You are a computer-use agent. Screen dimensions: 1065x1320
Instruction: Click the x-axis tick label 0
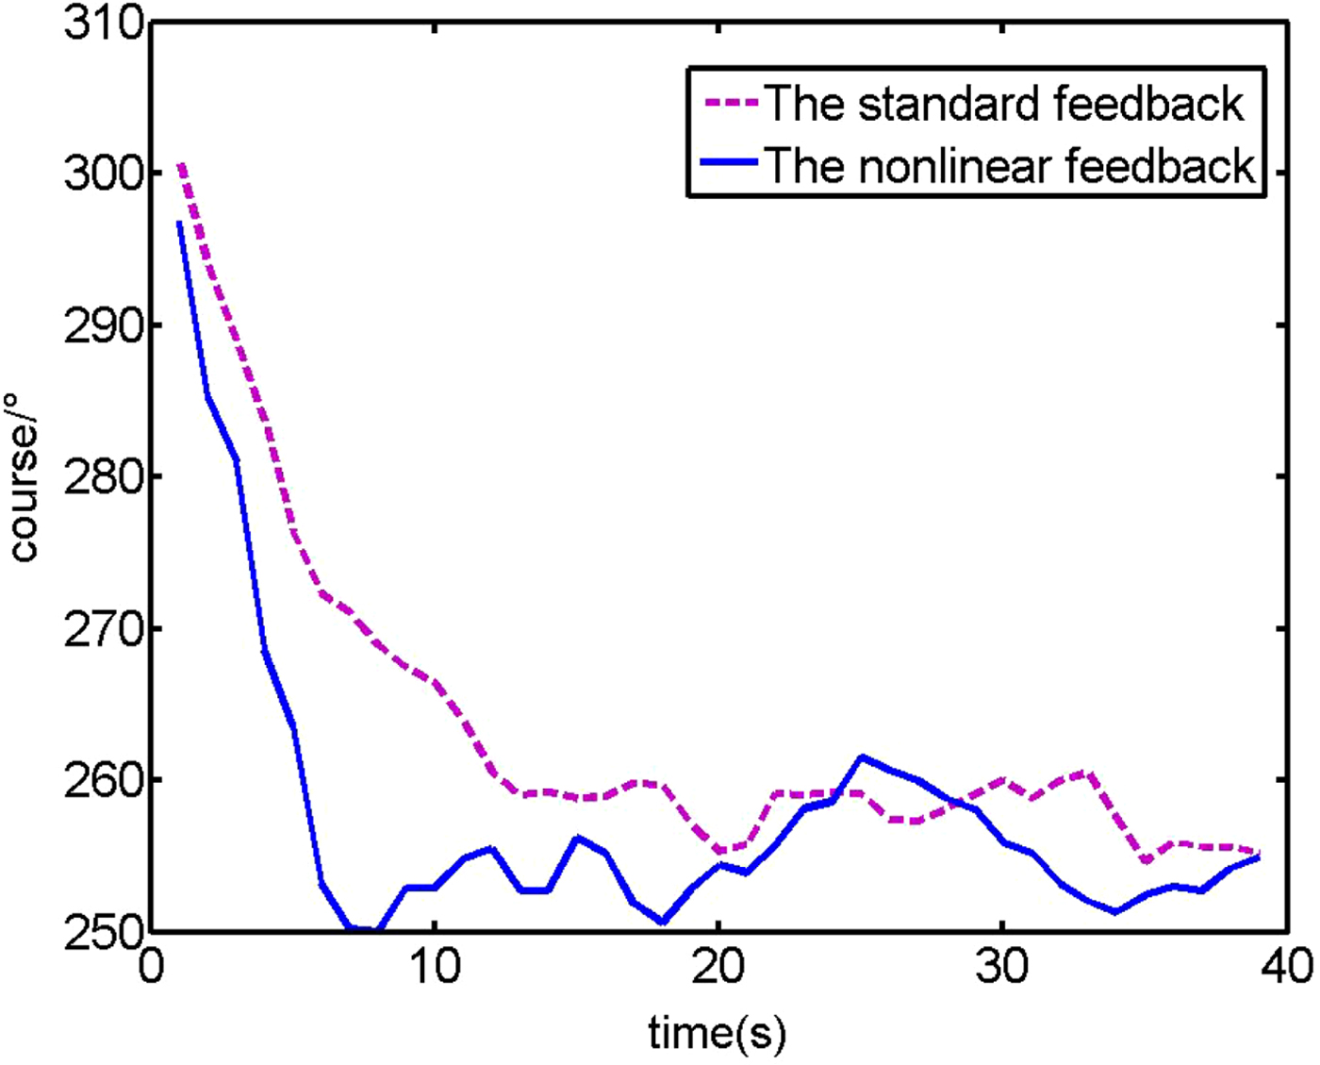point(151,967)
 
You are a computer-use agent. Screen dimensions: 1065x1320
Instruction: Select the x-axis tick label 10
point(435,967)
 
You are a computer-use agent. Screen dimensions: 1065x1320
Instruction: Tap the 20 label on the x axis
point(718,967)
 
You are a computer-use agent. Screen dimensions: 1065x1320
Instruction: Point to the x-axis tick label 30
point(1002,967)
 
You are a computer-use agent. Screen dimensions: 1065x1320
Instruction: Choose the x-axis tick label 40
point(1286,967)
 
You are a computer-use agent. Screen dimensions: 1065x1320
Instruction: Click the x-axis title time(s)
point(717,1033)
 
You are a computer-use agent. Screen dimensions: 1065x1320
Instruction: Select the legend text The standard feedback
point(1004,103)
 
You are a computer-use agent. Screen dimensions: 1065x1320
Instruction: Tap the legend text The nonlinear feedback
point(1009,165)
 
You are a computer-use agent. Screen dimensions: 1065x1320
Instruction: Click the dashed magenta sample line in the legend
point(731,103)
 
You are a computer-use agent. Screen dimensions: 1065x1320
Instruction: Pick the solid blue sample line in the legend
point(731,163)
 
